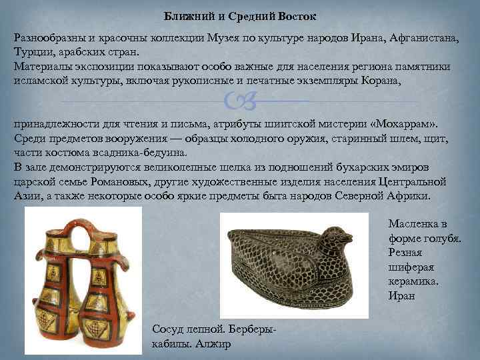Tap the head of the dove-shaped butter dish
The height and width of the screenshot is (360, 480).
pos(337,234)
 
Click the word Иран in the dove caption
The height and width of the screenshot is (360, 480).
pos(401,295)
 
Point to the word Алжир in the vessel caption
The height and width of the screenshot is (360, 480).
pos(213,344)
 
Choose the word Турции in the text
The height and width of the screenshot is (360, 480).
pos(32,52)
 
